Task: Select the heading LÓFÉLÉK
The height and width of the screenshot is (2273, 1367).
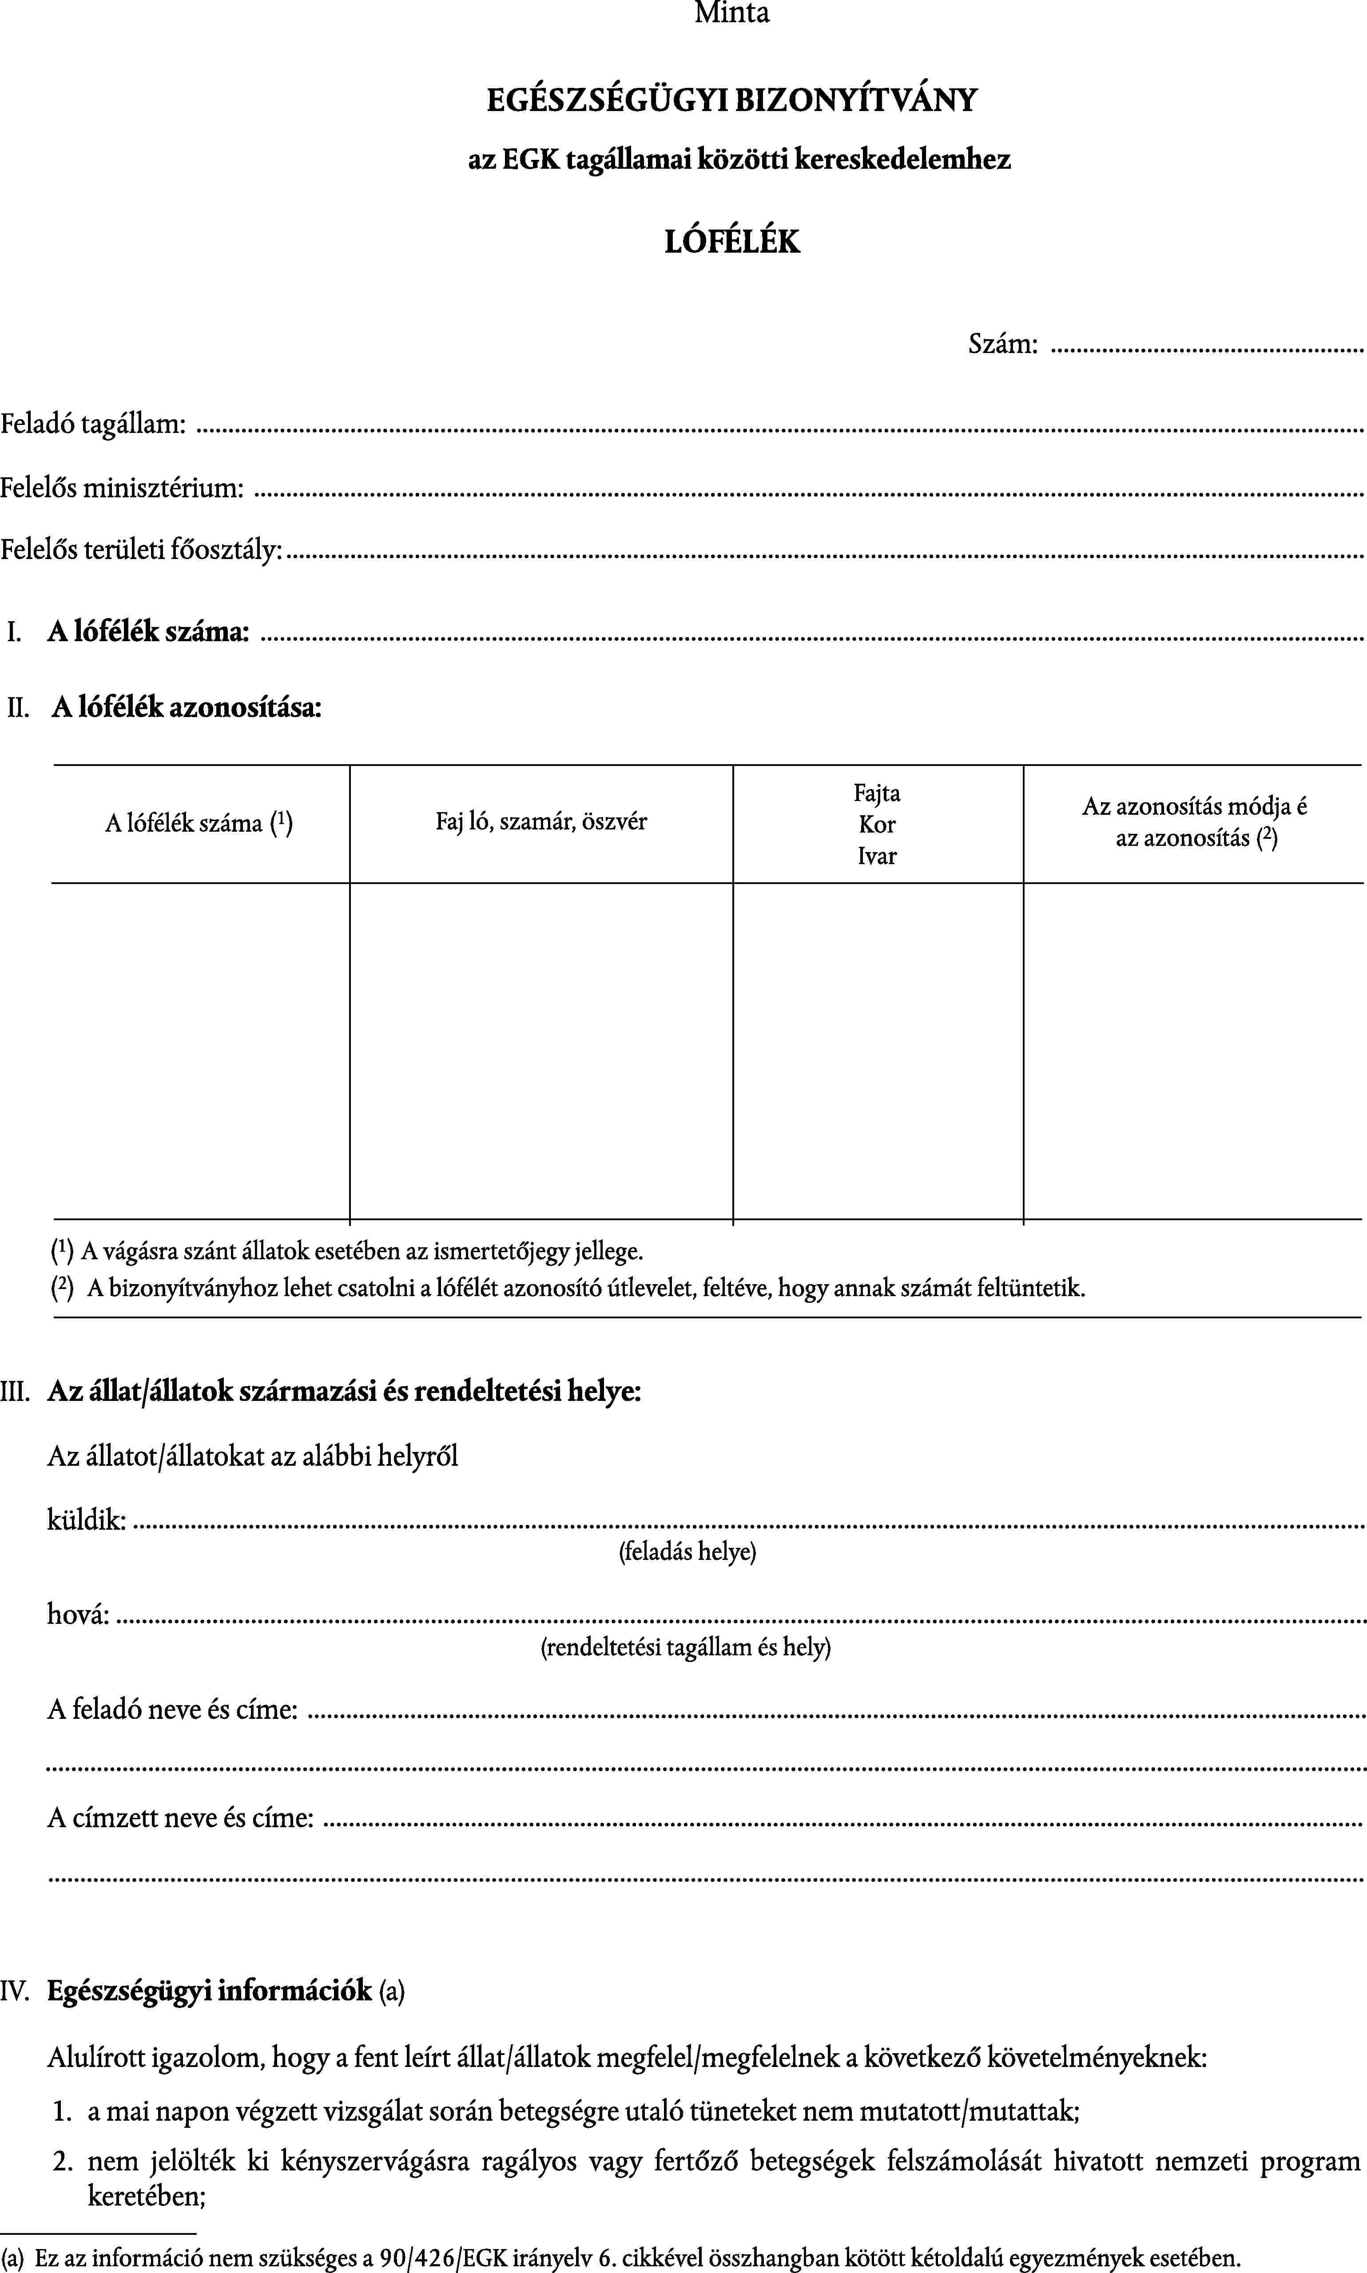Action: pos(732,241)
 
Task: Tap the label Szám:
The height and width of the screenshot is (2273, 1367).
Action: pos(1002,345)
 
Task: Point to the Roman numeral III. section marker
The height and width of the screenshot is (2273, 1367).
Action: pos(15,1391)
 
